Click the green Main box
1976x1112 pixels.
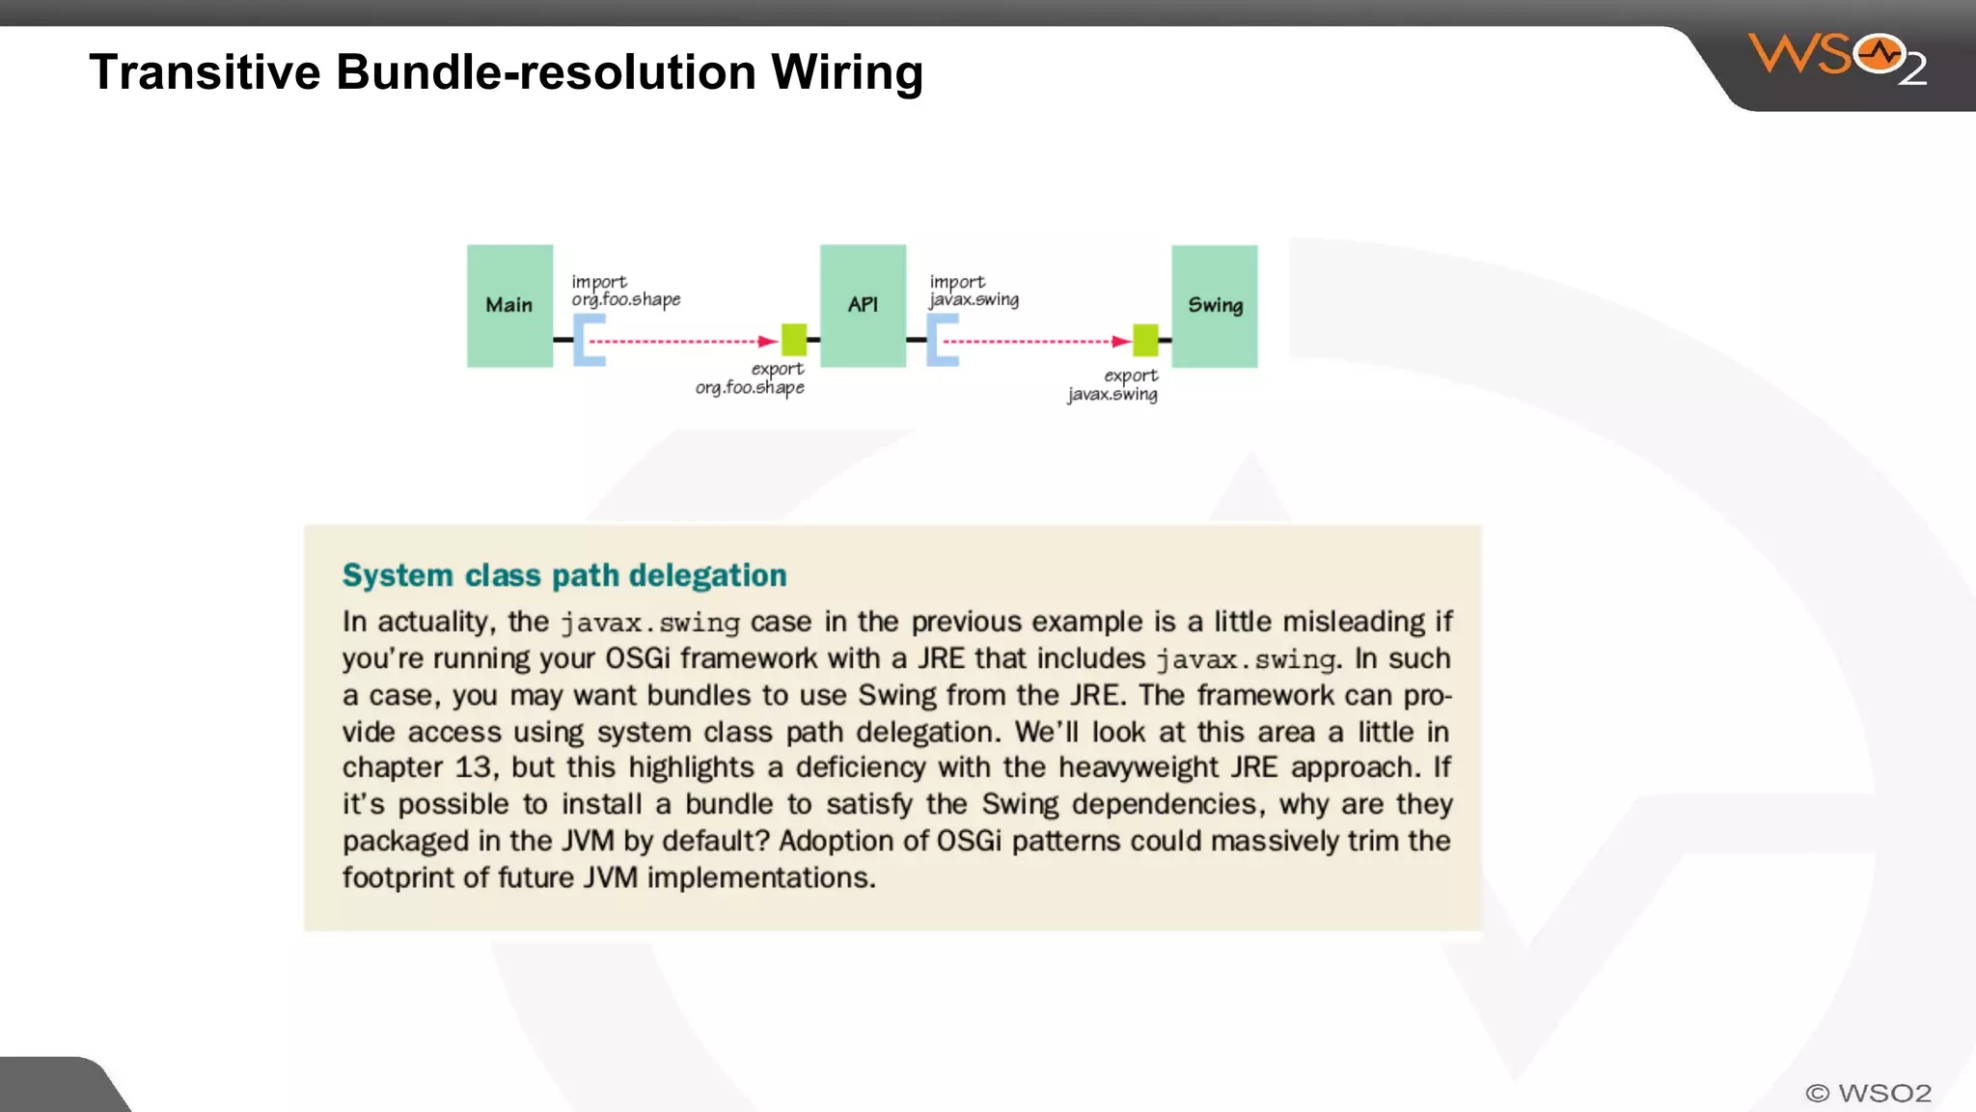pos(509,305)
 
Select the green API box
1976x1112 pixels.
pos(863,305)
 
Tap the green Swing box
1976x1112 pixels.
pos(1214,305)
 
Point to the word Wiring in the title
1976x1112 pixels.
pos(846,72)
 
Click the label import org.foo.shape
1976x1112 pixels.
pos(625,291)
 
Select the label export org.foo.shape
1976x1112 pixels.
pos(751,378)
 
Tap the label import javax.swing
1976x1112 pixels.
pos(974,291)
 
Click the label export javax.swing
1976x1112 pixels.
pos(1112,384)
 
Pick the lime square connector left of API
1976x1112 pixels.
pos(793,340)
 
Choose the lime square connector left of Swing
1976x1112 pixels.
pos(1145,340)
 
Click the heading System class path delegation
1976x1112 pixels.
pos(564,575)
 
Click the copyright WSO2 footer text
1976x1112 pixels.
pos(1868,1093)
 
